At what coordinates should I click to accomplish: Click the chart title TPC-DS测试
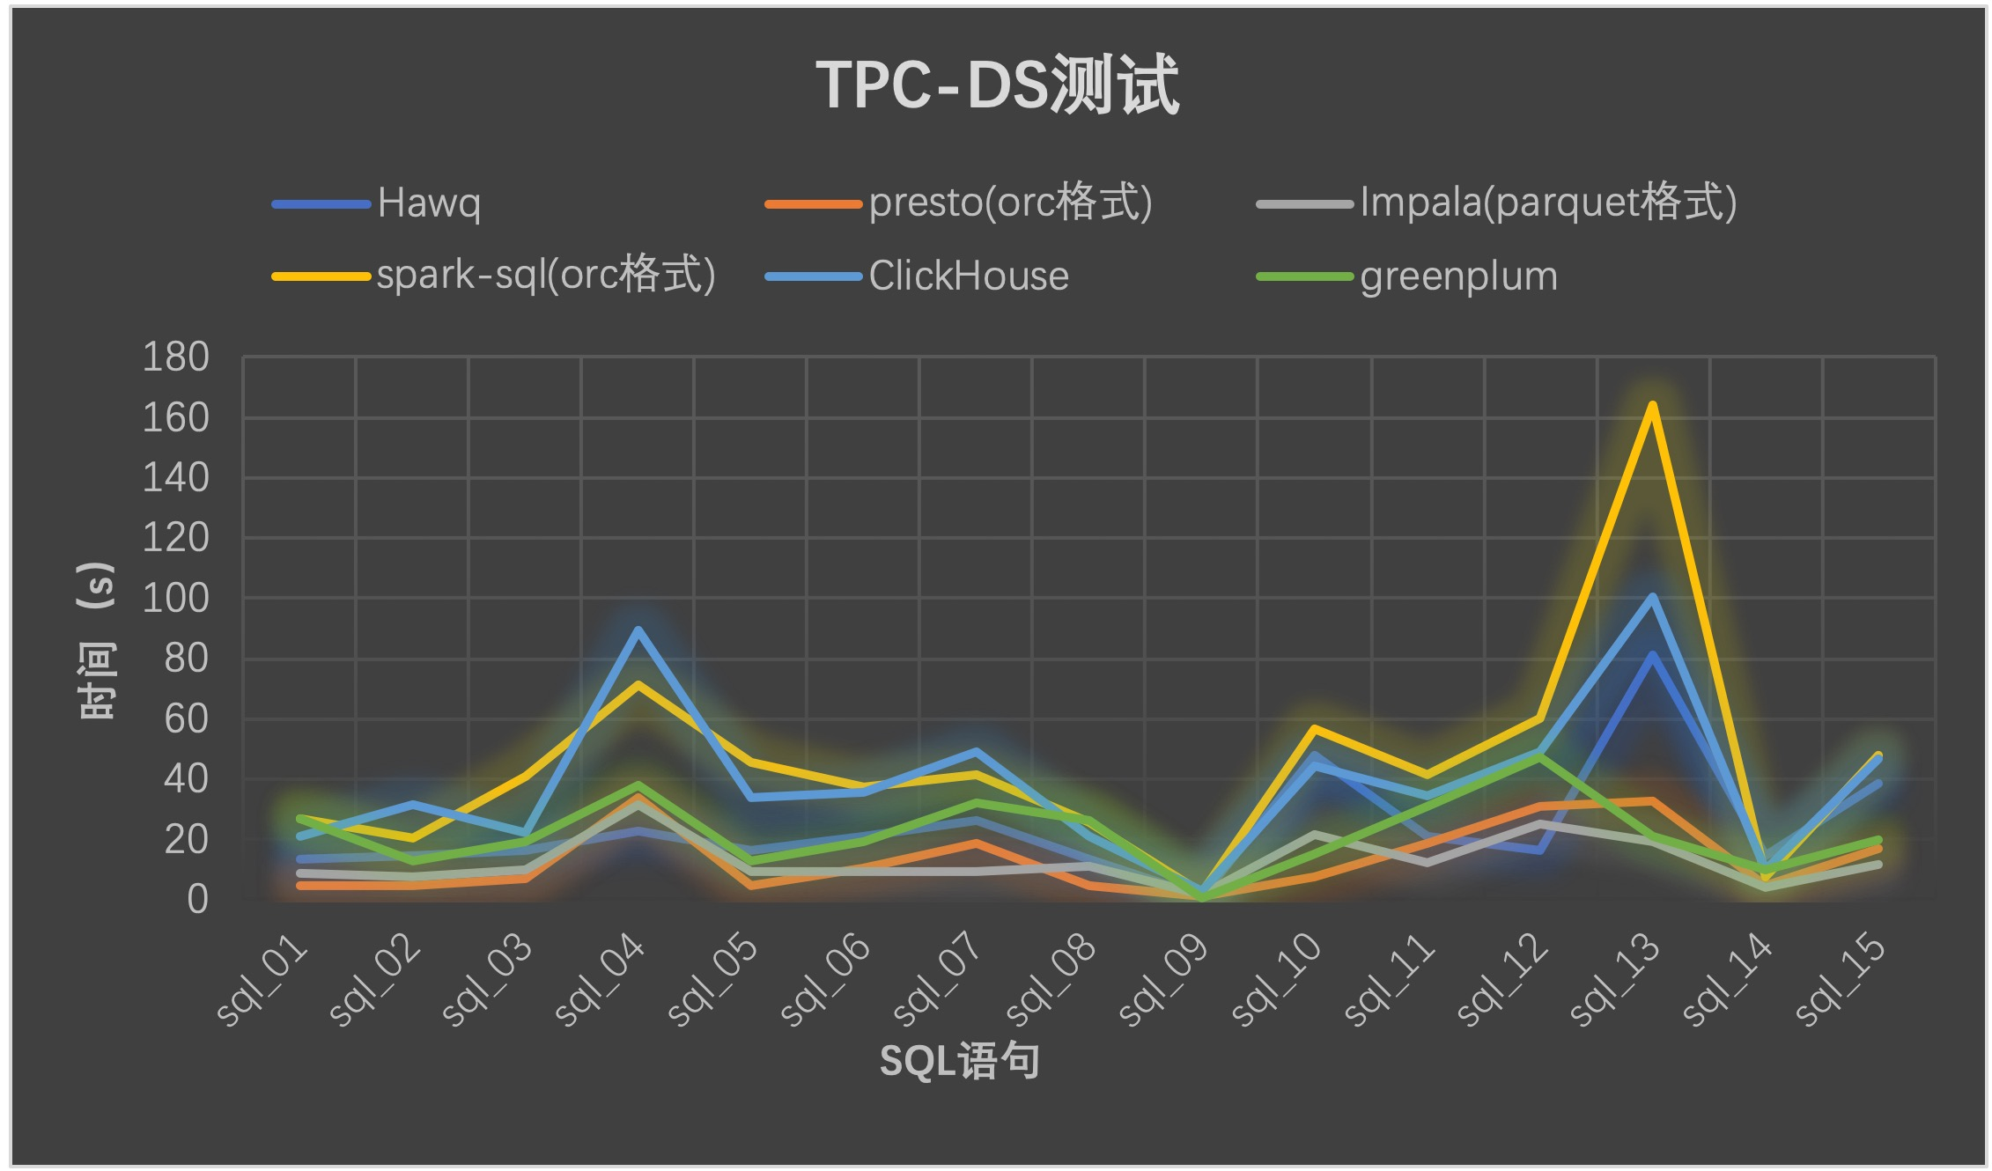997,85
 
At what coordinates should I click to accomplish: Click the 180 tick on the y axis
176,357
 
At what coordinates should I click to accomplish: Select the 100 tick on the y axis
176,599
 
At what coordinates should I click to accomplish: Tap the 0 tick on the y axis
197,899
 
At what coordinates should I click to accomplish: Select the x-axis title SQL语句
959,1061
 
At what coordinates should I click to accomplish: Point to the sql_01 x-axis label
263,980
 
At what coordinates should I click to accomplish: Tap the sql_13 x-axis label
1615,980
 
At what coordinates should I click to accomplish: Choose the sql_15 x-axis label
1841,980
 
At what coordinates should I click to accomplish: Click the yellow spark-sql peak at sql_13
1652,405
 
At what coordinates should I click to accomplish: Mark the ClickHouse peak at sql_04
638,630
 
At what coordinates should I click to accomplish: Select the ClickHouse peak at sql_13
1652,597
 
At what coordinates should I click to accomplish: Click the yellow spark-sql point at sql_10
1314,728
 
